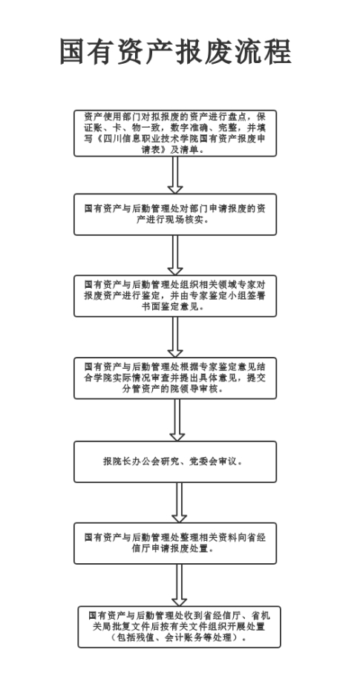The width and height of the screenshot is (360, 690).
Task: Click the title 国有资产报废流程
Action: click(176, 52)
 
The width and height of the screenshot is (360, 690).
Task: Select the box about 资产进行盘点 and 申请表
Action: click(175, 134)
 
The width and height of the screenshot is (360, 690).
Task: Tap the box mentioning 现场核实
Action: click(175, 214)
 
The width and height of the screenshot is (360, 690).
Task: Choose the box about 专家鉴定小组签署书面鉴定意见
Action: click(175, 296)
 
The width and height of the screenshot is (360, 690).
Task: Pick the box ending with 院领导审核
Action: click(175, 378)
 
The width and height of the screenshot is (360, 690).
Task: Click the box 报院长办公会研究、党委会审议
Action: click(175, 462)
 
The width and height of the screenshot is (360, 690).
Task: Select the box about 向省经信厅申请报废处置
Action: click(175, 543)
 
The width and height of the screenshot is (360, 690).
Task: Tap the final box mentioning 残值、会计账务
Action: click(179, 627)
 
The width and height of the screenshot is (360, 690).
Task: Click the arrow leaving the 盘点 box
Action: click(175, 175)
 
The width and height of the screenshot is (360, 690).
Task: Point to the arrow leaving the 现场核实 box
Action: click(175, 255)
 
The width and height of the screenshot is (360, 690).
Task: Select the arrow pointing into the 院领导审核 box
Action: click(175, 337)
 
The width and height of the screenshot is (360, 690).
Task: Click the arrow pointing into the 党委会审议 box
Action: click(177, 420)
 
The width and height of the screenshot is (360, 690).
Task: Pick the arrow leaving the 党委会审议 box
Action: click(179, 502)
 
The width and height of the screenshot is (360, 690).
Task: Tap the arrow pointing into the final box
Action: click(179, 585)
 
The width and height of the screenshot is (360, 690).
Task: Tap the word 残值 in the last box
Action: click(149, 637)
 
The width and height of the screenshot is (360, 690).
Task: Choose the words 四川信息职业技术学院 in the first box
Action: click(152, 139)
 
